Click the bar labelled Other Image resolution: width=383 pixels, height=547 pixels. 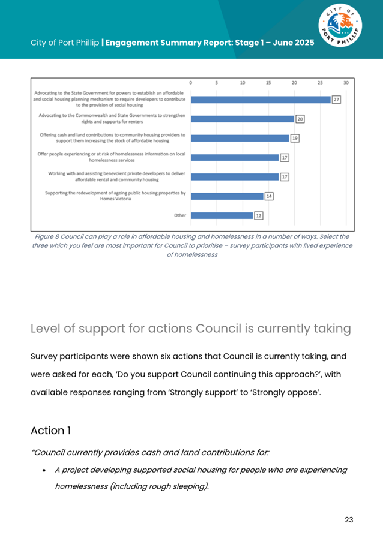pos(222,215)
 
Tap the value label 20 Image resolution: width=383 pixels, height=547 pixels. pos(300,119)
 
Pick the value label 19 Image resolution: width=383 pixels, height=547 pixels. pos(295,139)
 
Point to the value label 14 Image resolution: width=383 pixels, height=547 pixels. pos(270,196)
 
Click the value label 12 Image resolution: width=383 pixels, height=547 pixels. pos(259,215)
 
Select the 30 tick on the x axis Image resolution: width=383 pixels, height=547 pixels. pos(346,82)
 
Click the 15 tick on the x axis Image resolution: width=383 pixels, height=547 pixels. pos(268,82)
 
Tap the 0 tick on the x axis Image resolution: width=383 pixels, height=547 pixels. pos(191,82)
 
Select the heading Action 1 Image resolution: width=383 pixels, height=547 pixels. pos(56,431)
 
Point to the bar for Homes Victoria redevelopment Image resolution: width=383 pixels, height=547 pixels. pos(227,196)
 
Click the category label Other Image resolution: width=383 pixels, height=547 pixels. pos(180,215)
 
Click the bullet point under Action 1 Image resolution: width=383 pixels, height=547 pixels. pos(45,470)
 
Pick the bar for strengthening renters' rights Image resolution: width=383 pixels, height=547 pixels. pos(243,119)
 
